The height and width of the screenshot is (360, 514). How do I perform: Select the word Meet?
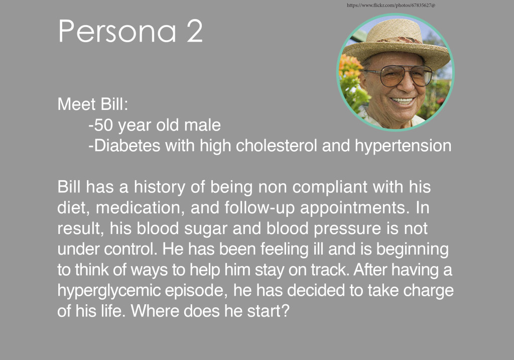point(75,104)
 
